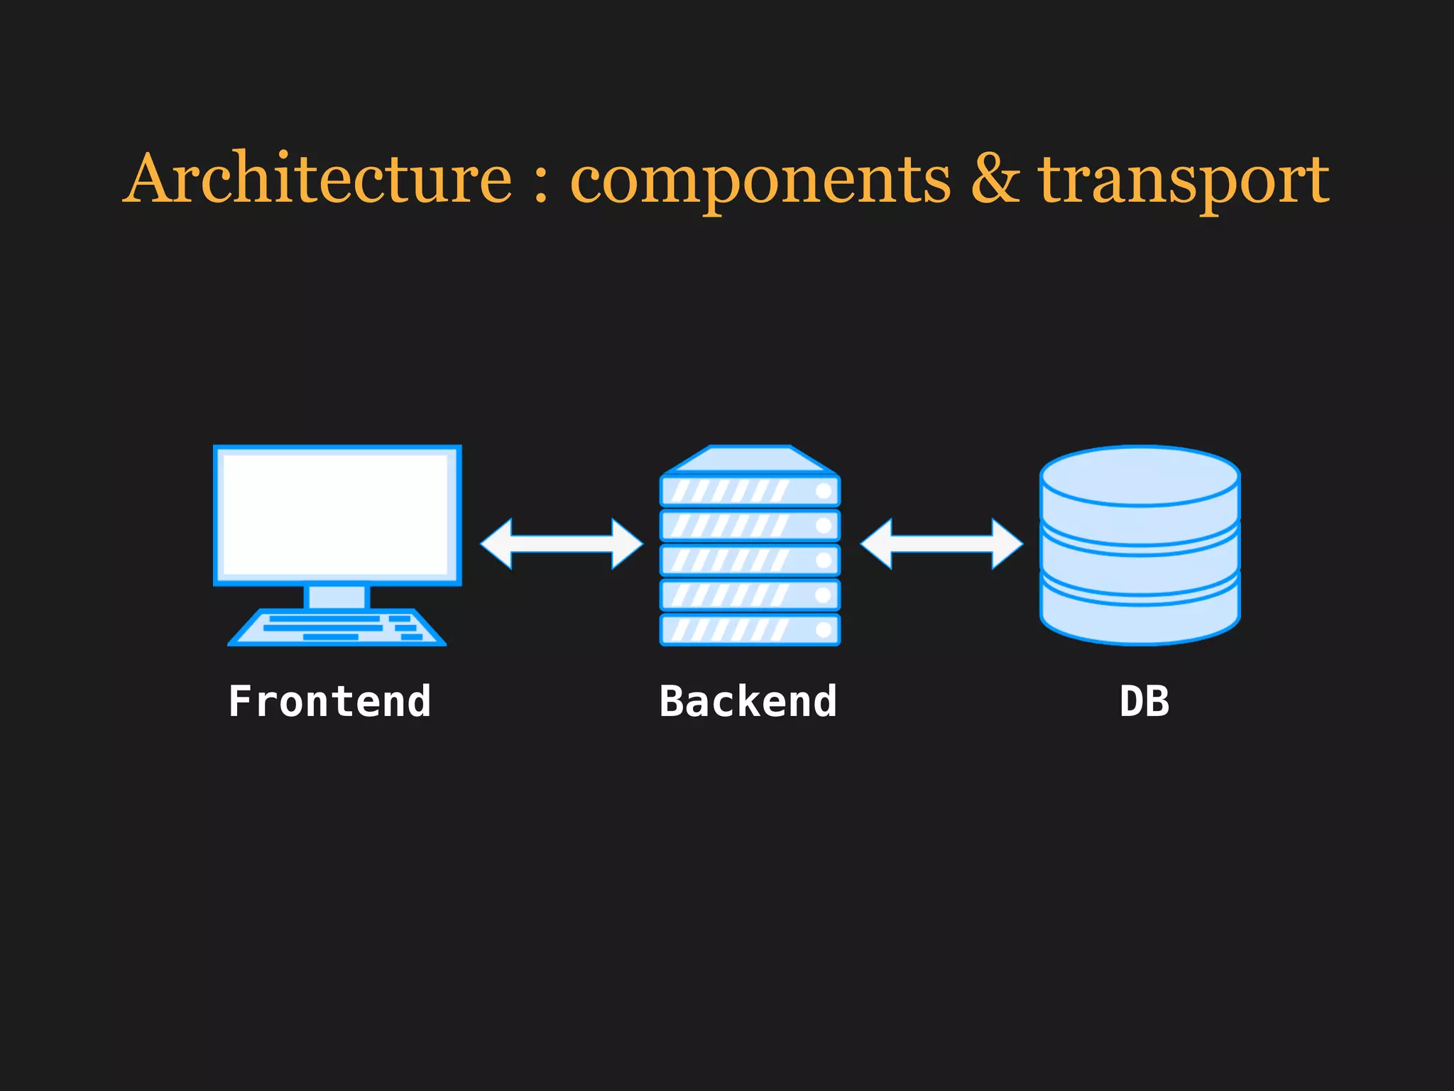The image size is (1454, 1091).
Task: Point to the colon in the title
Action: [541, 183]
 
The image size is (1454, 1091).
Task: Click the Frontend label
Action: [329, 702]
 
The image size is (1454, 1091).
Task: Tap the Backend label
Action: [748, 702]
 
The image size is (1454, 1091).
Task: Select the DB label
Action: [1144, 702]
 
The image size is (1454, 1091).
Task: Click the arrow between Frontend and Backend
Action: [562, 544]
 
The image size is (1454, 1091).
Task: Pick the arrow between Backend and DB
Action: [941, 544]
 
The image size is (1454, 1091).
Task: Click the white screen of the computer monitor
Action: [336, 514]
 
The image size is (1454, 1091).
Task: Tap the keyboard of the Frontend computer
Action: [337, 628]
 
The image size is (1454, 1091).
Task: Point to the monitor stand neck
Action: [337, 597]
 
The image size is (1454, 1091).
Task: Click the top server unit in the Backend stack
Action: [750, 491]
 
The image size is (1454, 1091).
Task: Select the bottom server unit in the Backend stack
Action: [750, 629]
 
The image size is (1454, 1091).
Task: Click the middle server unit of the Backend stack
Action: [750, 560]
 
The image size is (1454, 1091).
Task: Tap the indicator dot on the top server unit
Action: [824, 491]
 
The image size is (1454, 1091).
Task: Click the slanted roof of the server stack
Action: [750, 460]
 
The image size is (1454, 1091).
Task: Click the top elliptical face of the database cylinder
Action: [1140, 474]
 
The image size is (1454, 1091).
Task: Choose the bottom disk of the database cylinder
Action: [1140, 618]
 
